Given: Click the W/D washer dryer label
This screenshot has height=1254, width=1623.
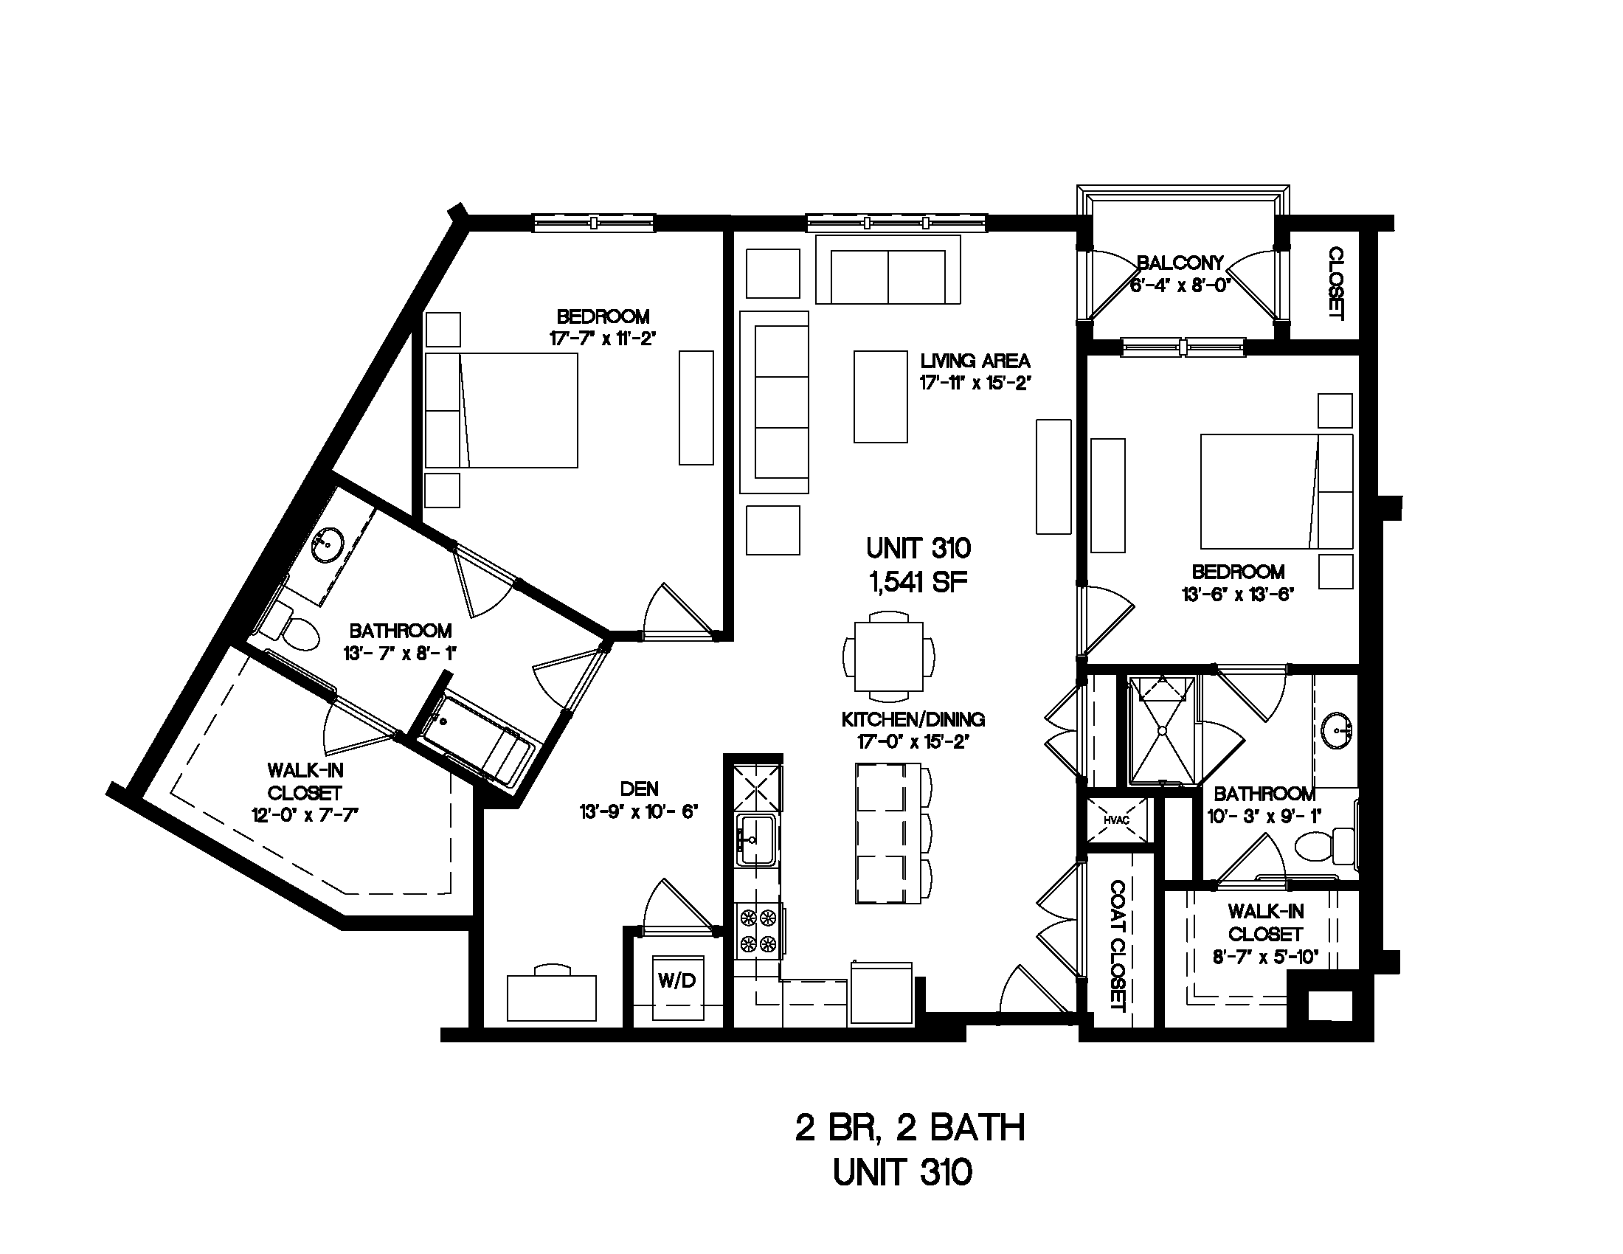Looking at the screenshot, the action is click(x=676, y=980).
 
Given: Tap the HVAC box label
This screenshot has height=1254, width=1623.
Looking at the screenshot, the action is click(x=1117, y=820).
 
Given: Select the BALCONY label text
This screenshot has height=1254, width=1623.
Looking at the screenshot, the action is click(x=1180, y=263).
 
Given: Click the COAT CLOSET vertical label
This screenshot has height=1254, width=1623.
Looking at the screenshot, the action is click(x=1117, y=946).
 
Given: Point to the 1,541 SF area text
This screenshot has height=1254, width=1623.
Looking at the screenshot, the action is click(x=918, y=583).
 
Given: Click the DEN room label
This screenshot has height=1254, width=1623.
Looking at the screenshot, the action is click(x=639, y=789).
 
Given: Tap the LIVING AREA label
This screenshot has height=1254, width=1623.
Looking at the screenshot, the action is click(x=975, y=361).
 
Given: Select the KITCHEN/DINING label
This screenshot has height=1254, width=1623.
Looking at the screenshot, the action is click(x=913, y=719).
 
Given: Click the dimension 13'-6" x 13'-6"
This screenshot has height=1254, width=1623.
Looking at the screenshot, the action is click(x=1237, y=595).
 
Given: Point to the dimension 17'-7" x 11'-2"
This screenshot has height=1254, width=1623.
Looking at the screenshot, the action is click(x=603, y=339).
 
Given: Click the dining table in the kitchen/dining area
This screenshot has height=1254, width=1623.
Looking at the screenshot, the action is click(x=889, y=656).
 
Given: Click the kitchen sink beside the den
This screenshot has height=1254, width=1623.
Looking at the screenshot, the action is click(x=756, y=839).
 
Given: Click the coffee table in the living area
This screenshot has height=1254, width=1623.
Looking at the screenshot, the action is click(x=881, y=397).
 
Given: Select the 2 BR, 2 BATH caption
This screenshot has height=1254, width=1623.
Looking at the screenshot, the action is click(x=910, y=1128).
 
